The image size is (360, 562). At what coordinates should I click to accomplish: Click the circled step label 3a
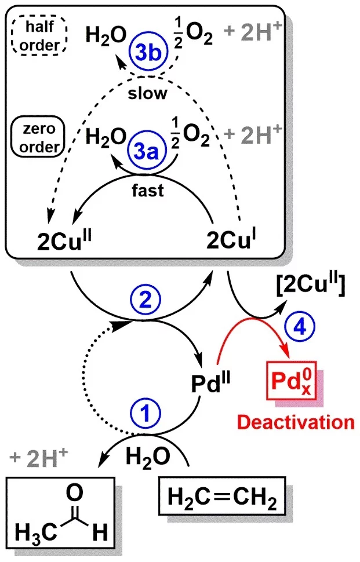tap(141, 156)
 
